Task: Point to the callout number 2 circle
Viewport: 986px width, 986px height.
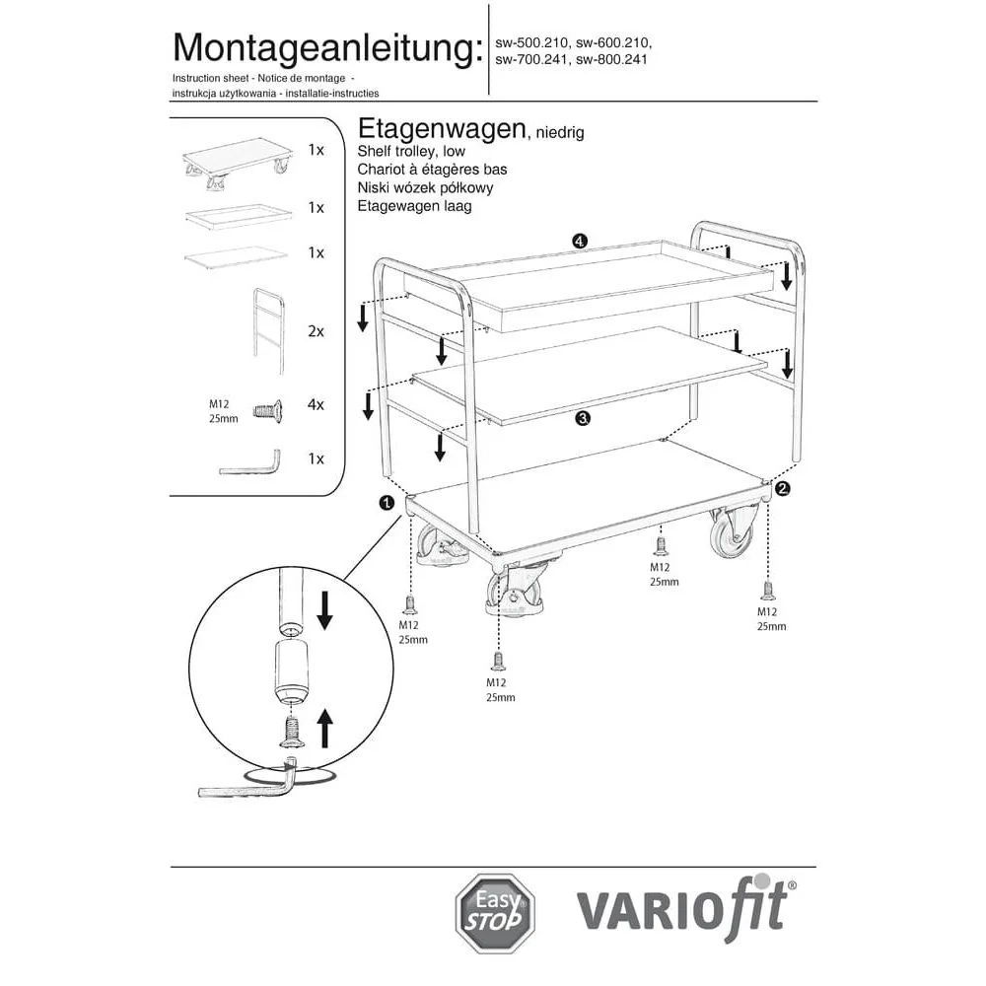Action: (782, 487)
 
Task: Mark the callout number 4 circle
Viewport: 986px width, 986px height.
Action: (580, 242)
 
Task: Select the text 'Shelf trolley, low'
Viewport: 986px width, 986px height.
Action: (411, 152)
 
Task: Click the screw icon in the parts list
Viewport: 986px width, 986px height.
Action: (267, 410)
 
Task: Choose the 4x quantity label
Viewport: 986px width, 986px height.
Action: (316, 404)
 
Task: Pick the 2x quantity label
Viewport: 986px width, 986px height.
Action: (316, 331)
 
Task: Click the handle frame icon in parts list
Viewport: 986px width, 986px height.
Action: (268, 329)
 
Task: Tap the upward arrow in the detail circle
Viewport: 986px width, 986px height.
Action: (324, 732)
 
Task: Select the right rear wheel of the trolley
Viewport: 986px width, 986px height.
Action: (735, 538)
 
